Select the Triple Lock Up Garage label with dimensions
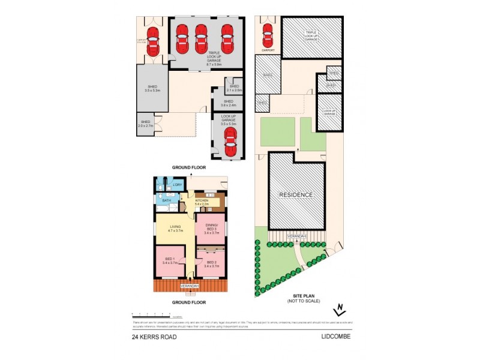(201, 56)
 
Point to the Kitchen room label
(202, 203)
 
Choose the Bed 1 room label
(170, 261)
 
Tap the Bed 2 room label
(211, 264)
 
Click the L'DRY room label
(177, 185)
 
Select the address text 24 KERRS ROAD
(155, 337)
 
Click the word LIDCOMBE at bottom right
(335, 337)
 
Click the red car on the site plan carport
(267, 37)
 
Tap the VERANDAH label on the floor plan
(190, 286)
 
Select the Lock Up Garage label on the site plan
(329, 112)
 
